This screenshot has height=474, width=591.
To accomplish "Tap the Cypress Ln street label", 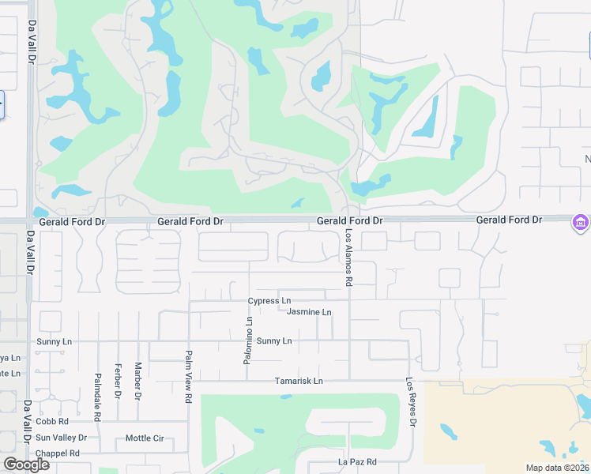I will [x=269, y=301].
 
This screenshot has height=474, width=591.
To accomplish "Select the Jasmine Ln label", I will [x=309, y=312].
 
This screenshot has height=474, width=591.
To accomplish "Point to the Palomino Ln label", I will [x=250, y=340].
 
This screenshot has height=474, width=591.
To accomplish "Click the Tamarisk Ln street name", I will [x=299, y=381].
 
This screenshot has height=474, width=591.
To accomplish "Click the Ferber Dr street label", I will [x=118, y=381].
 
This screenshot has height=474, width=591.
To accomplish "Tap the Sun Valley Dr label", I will [x=61, y=437].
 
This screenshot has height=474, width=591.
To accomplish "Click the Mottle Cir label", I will [x=145, y=438].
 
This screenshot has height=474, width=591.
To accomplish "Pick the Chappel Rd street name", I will [x=58, y=453].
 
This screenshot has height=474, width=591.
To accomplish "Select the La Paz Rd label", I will [x=358, y=461].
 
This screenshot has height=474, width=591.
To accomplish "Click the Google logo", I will [x=27, y=465].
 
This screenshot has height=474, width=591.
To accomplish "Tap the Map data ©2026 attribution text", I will [x=557, y=468].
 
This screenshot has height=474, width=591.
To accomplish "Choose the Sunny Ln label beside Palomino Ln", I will [x=274, y=340].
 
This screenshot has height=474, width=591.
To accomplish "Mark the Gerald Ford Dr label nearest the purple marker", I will [x=509, y=220].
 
